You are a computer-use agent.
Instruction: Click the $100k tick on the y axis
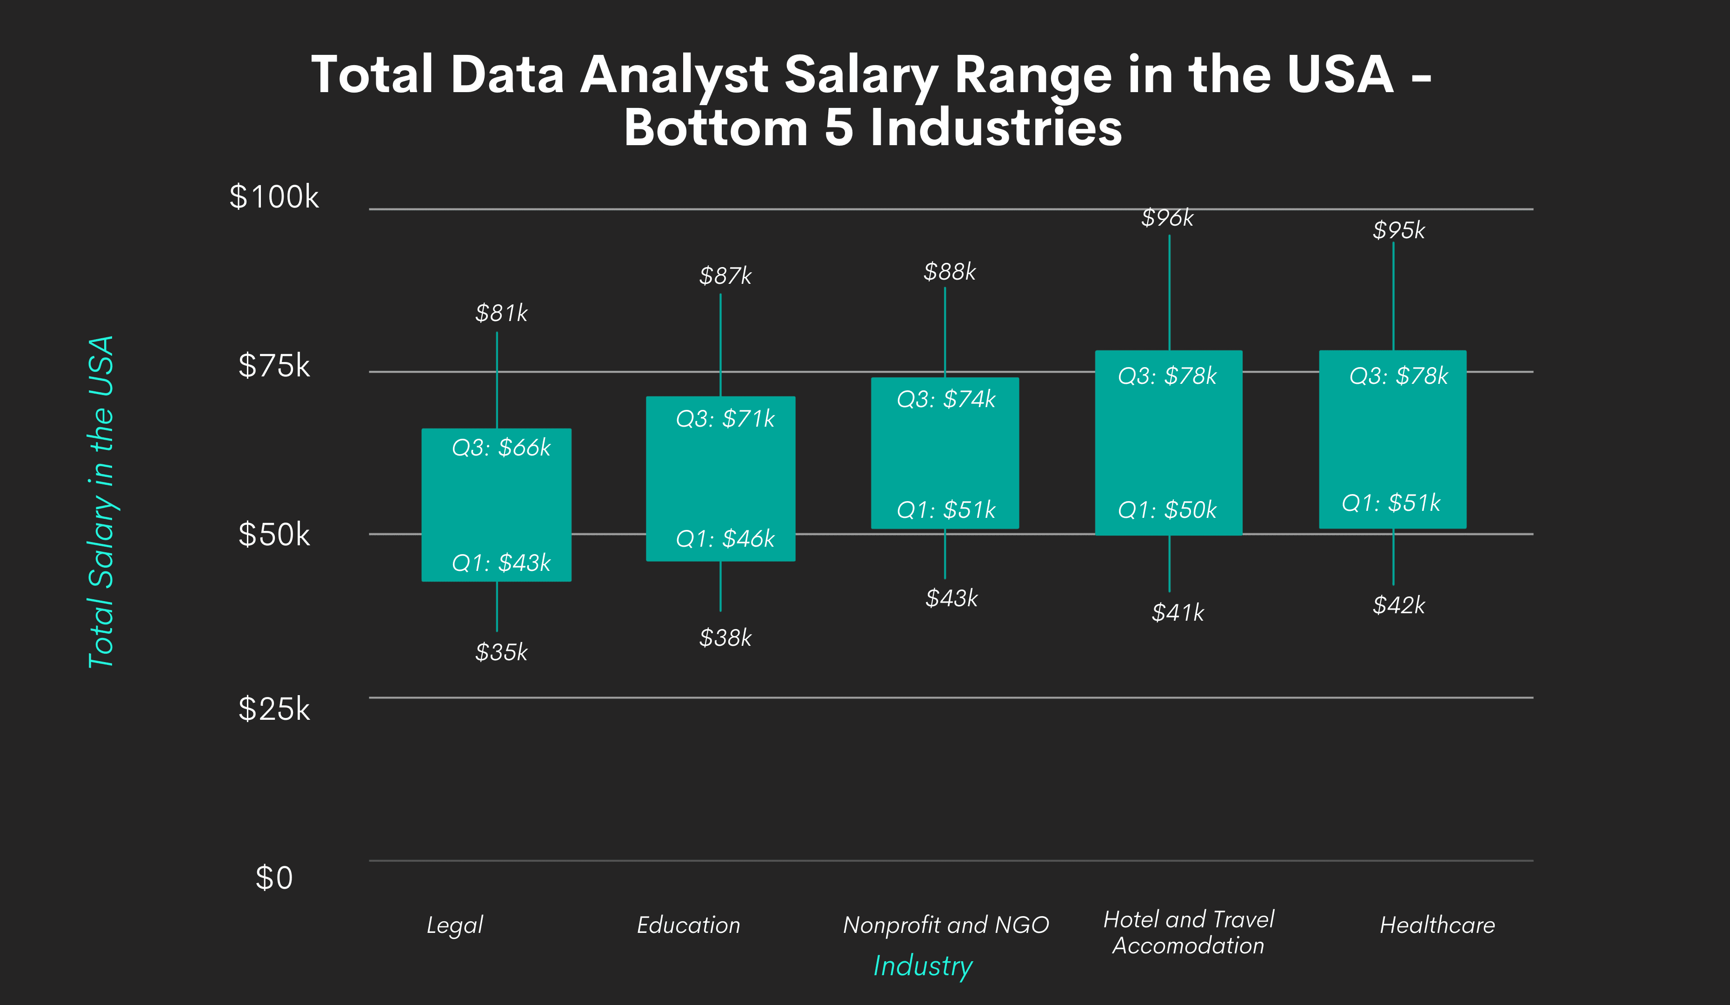pos(274,197)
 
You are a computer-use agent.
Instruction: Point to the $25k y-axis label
pos(274,709)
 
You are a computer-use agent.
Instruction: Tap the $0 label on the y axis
pos(274,878)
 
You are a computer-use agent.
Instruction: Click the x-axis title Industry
pos(923,966)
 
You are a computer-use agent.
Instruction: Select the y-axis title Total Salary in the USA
pos(101,502)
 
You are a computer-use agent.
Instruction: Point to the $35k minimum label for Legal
pos(501,652)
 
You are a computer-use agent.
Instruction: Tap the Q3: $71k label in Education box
pos(725,418)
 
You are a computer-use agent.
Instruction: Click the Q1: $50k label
pos(1167,510)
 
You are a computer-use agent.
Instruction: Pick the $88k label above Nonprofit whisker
pos(950,272)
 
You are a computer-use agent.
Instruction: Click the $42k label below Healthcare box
pos(1398,605)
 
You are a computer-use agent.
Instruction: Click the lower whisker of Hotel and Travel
pos(1169,563)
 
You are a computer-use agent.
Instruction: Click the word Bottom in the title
pos(715,128)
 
